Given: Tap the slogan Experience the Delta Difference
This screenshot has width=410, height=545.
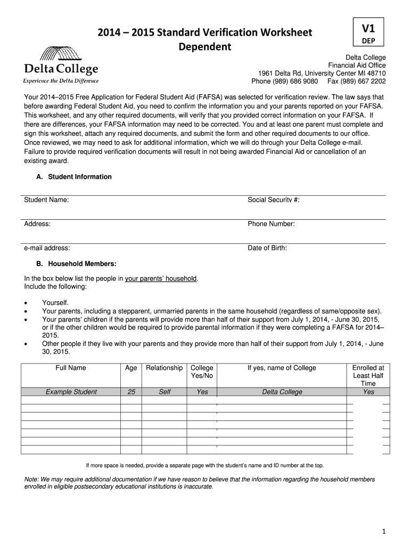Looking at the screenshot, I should pos(60,81).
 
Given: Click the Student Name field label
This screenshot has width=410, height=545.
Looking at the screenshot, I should pos(46,200).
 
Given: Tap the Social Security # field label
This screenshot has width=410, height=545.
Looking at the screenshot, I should pos(274,200).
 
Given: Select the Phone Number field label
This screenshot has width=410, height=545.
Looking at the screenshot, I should pos(271,224).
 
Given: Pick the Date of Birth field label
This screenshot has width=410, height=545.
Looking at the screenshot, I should pos(267,248).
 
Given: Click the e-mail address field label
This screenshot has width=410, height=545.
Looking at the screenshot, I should pos(47,248).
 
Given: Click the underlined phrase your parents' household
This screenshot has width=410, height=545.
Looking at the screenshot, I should pos(161,278).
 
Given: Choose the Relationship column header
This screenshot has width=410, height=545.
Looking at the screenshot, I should pos(165,368).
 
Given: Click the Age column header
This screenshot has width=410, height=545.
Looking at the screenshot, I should pos(131,368).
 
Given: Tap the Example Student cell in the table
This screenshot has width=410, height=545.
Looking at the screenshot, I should pos(71,392).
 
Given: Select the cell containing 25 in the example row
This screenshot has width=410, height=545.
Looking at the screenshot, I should pos(131,392).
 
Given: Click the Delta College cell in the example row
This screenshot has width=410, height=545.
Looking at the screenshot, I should pos(282,392).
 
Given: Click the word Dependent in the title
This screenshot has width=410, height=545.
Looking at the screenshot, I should pos(204,47).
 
